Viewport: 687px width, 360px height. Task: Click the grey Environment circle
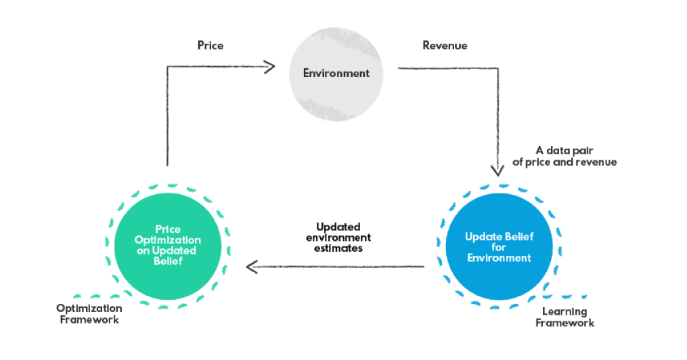point(336,73)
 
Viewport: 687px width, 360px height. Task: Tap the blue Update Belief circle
point(498,248)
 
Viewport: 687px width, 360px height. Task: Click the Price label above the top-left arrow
point(210,46)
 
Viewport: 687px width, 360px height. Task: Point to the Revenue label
point(445,46)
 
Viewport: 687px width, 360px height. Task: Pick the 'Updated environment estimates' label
point(338,238)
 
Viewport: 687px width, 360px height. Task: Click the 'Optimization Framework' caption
point(89,314)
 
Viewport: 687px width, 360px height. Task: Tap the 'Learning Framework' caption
point(564,317)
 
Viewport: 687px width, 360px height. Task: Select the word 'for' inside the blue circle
point(498,248)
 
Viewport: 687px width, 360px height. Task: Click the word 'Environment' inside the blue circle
point(498,258)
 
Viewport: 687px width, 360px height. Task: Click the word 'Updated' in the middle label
point(338,227)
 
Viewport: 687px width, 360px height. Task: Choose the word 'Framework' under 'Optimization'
point(89,319)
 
